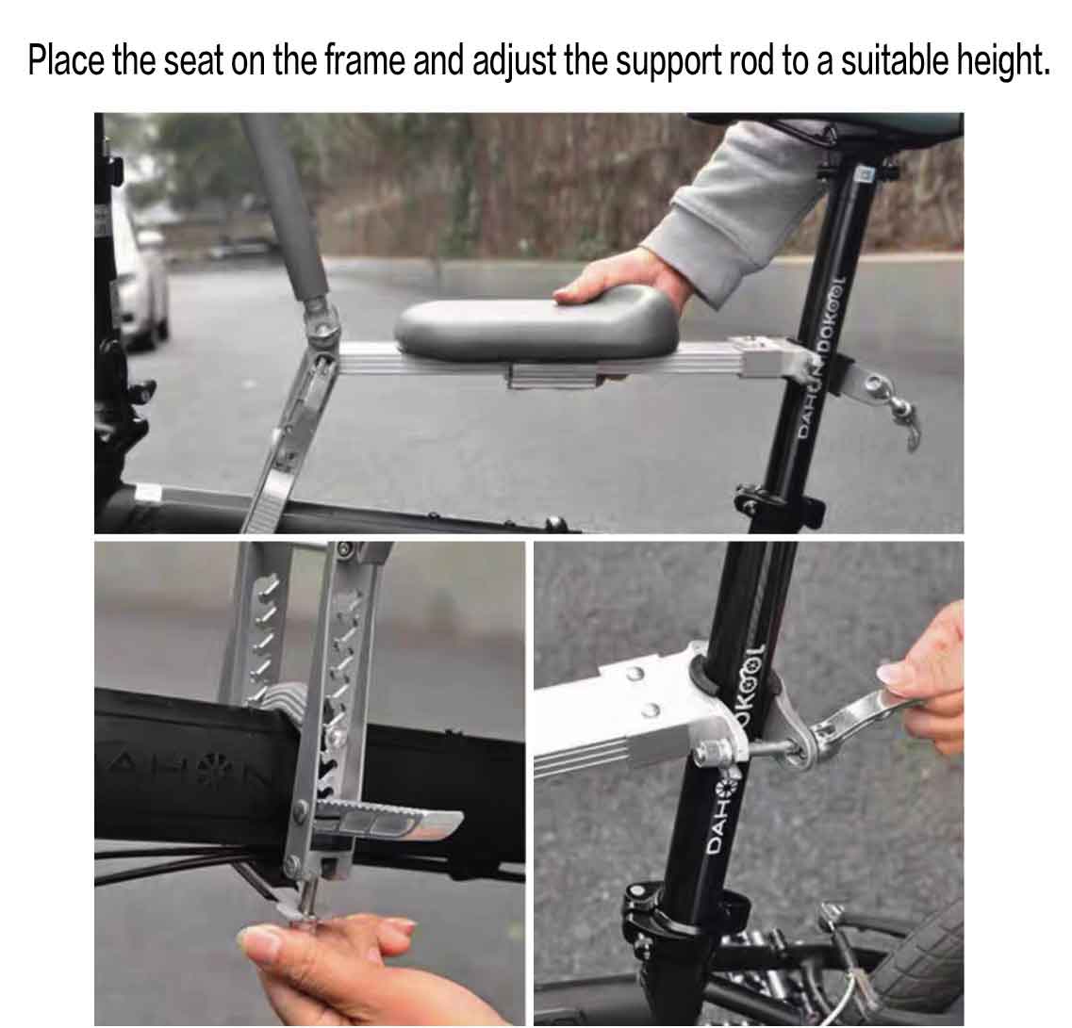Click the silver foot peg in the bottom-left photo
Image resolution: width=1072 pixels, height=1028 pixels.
point(389,819)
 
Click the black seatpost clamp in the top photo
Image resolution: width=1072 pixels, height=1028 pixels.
point(780,498)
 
